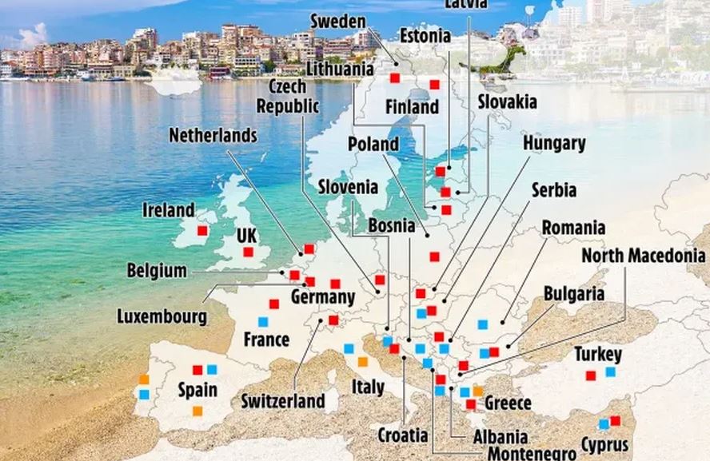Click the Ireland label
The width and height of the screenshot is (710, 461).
(169, 210)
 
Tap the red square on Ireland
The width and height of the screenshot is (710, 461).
(202, 230)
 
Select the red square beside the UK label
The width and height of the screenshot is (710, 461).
(248, 252)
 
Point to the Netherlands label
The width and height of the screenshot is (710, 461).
(213, 135)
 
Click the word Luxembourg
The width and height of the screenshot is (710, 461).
(162, 316)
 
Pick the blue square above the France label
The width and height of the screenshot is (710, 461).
(262, 322)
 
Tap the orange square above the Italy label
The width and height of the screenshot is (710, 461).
(362, 361)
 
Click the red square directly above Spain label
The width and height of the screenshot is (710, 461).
(197, 370)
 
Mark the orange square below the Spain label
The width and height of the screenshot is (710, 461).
(197, 411)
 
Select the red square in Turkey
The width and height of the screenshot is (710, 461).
(591, 376)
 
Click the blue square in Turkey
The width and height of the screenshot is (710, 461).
(611, 372)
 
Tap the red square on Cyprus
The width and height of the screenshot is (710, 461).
(615, 421)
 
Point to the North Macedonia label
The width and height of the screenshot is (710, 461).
(643, 256)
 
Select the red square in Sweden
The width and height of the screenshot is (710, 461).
(395, 77)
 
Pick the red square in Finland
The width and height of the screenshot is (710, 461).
(434, 85)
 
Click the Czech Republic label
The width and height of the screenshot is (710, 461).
(287, 96)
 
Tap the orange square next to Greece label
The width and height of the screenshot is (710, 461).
(477, 391)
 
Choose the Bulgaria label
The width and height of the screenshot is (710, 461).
(573, 293)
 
